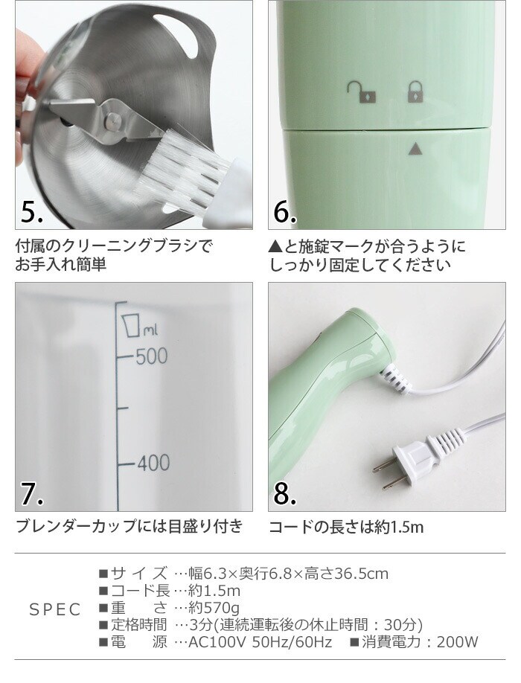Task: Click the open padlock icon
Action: click(x=362, y=92)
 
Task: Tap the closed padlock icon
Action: click(x=415, y=92)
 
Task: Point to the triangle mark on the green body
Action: click(x=415, y=150)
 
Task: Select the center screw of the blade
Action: click(x=113, y=118)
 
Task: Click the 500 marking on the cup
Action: click(x=151, y=356)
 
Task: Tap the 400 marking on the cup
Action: click(x=153, y=463)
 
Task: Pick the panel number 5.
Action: click(x=32, y=212)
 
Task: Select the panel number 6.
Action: click(x=285, y=212)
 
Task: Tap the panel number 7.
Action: click(x=32, y=493)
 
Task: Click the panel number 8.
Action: click(x=285, y=493)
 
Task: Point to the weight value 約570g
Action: click(x=214, y=608)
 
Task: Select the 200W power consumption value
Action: click(x=457, y=641)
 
